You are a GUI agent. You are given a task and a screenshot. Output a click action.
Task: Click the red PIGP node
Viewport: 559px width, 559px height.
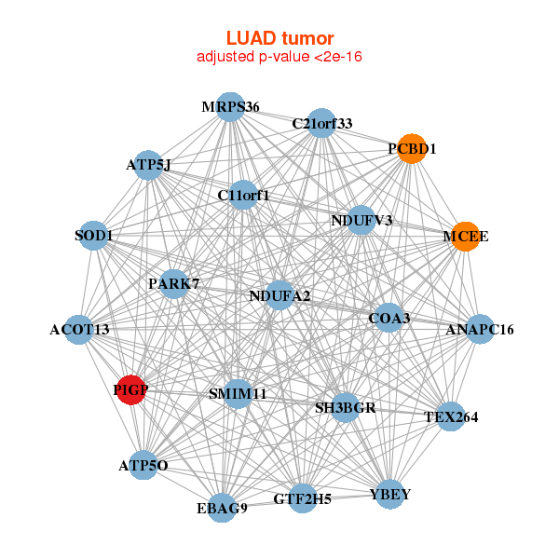pyautogui.click(x=131, y=390)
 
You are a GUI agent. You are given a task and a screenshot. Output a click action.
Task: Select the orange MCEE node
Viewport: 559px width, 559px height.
pyautogui.click(x=465, y=236)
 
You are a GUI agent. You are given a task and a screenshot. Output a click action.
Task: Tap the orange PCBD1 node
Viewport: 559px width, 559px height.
pyautogui.click(x=412, y=149)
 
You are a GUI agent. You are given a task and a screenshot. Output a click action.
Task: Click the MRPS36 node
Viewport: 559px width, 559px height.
pyautogui.click(x=229, y=106)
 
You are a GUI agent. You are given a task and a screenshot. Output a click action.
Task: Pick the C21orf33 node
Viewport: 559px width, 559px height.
pyautogui.click(x=320, y=124)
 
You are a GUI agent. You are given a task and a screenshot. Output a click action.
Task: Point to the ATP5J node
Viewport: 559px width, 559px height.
pyautogui.click(x=148, y=165)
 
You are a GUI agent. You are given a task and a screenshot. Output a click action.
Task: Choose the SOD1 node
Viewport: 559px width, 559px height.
pyautogui.click(x=94, y=236)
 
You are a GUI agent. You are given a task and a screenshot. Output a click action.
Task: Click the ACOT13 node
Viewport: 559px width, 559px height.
pyautogui.click(x=79, y=329)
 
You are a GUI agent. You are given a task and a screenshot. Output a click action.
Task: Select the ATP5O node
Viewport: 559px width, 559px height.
pyautogui.click(x=143, y=464)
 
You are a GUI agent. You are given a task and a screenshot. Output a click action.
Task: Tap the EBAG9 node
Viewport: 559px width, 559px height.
pyautogui.click(x=222, y=508)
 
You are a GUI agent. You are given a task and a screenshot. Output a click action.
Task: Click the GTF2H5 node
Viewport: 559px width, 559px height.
pyautogui.click(x=302, y=498)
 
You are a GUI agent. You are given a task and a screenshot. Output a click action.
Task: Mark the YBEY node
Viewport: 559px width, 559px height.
pyautogui.click(x=389, y=493)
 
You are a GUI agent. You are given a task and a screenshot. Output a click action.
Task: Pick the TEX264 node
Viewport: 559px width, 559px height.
pyautogui.click(x=451, y=417)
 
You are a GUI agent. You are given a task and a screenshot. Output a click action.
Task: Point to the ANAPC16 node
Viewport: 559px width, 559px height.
pyautogui.click(x=480, y=329)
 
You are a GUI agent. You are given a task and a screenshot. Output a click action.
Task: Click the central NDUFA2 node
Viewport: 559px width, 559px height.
pyautogui.click(x=279, y=296)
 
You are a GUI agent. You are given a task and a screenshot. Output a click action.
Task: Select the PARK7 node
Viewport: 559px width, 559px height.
pyautogui.click(x=173, y=283)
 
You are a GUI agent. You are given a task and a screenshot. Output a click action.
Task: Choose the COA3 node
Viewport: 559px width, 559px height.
pyautogui.click(x=389, y=319)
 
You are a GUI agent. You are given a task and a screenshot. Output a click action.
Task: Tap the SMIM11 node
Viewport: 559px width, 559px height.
pyautogui.click(x=238, y=394)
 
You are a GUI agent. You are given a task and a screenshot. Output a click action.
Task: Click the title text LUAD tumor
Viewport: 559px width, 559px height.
pyautogui.click(x=279, y=38)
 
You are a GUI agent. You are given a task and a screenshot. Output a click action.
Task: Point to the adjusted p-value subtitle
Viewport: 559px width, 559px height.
pyautogui.click(x=279, y=57)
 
